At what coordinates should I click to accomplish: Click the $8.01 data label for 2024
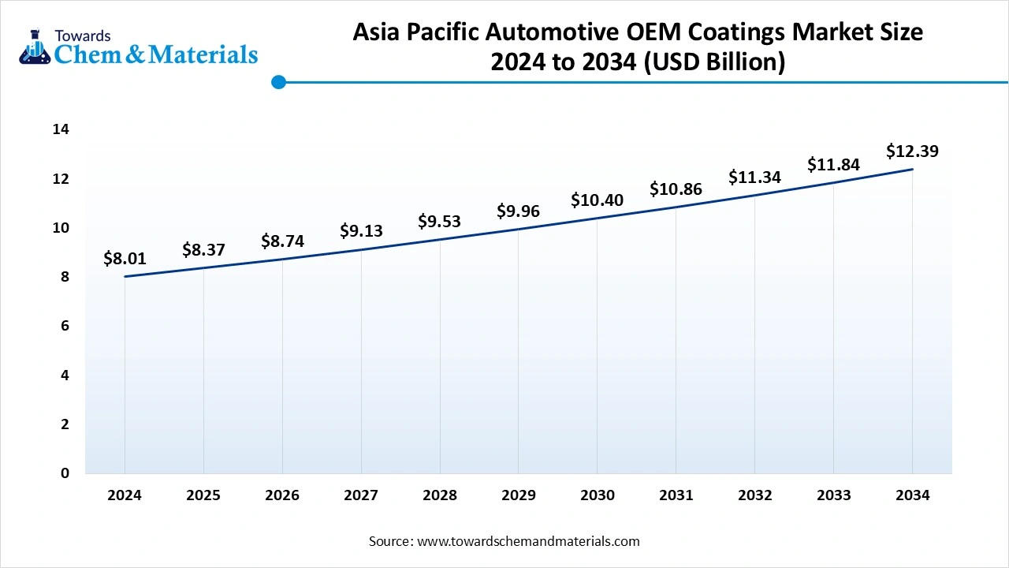pos(125,258)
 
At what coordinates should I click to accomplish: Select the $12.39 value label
pos(912,151)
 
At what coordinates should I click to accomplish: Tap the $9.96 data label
pos(518,211)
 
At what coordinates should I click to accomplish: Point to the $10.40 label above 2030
pos(597,200)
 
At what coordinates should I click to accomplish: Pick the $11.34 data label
pos(754,177)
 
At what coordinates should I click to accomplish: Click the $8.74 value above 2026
pos(282,241)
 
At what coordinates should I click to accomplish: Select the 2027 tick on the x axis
pos(361,495)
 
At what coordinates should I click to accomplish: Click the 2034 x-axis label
pos(912,495)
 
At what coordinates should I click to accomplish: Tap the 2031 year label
pos(676,495)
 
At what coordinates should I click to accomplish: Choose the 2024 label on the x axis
pos(125,495)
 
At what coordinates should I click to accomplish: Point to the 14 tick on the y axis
pos(61,129)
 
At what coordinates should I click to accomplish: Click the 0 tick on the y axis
pos(65,473)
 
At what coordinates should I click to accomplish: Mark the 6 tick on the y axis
pos(65,326)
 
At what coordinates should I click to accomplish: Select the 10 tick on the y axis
pos(61,228)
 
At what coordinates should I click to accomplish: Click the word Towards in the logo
pos(83,35)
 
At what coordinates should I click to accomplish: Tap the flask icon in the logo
pos(34,47)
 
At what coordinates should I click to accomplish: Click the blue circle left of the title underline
pos(278,82)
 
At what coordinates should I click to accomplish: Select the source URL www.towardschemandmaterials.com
pos(527,541)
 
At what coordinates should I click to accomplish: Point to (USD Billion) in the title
pos(714,62)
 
